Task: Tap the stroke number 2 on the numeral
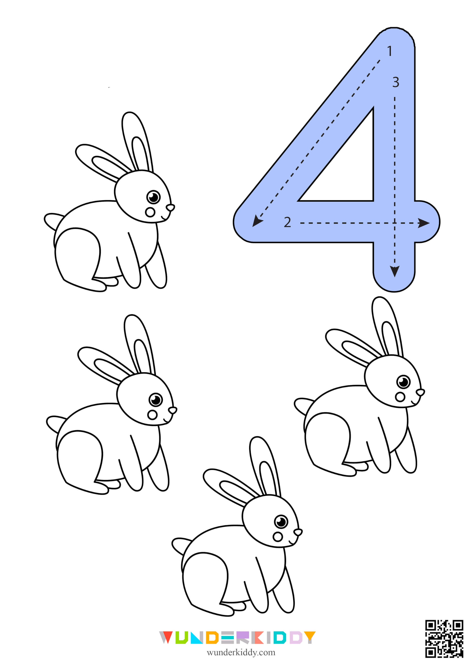[x=287, y=222]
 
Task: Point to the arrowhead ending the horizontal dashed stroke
[x=424, y=223]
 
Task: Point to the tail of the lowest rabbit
[x=181, y=546]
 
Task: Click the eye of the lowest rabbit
[x=281, y=522]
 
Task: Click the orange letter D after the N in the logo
[x=212, y=638]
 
